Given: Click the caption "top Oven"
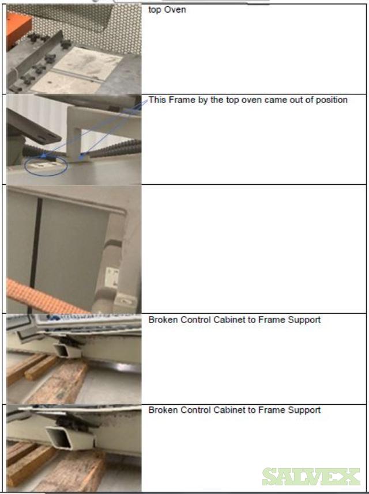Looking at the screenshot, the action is pos(167,10).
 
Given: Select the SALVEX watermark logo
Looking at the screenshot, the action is pos(311,477).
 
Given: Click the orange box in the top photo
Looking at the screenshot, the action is pos(18,28).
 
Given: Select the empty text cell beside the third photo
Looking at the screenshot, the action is pos(254,249).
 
